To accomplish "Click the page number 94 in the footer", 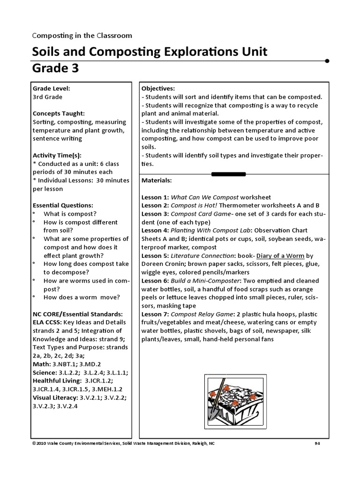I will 317,443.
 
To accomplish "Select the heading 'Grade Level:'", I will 51,88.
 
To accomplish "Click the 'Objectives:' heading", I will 158,88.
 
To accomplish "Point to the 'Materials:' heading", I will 157,180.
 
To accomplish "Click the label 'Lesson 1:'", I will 155,197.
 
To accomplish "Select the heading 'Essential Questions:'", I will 63,205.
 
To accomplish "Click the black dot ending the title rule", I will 327,60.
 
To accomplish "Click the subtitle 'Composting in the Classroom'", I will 82,35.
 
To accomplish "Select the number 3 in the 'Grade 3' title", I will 75,69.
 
